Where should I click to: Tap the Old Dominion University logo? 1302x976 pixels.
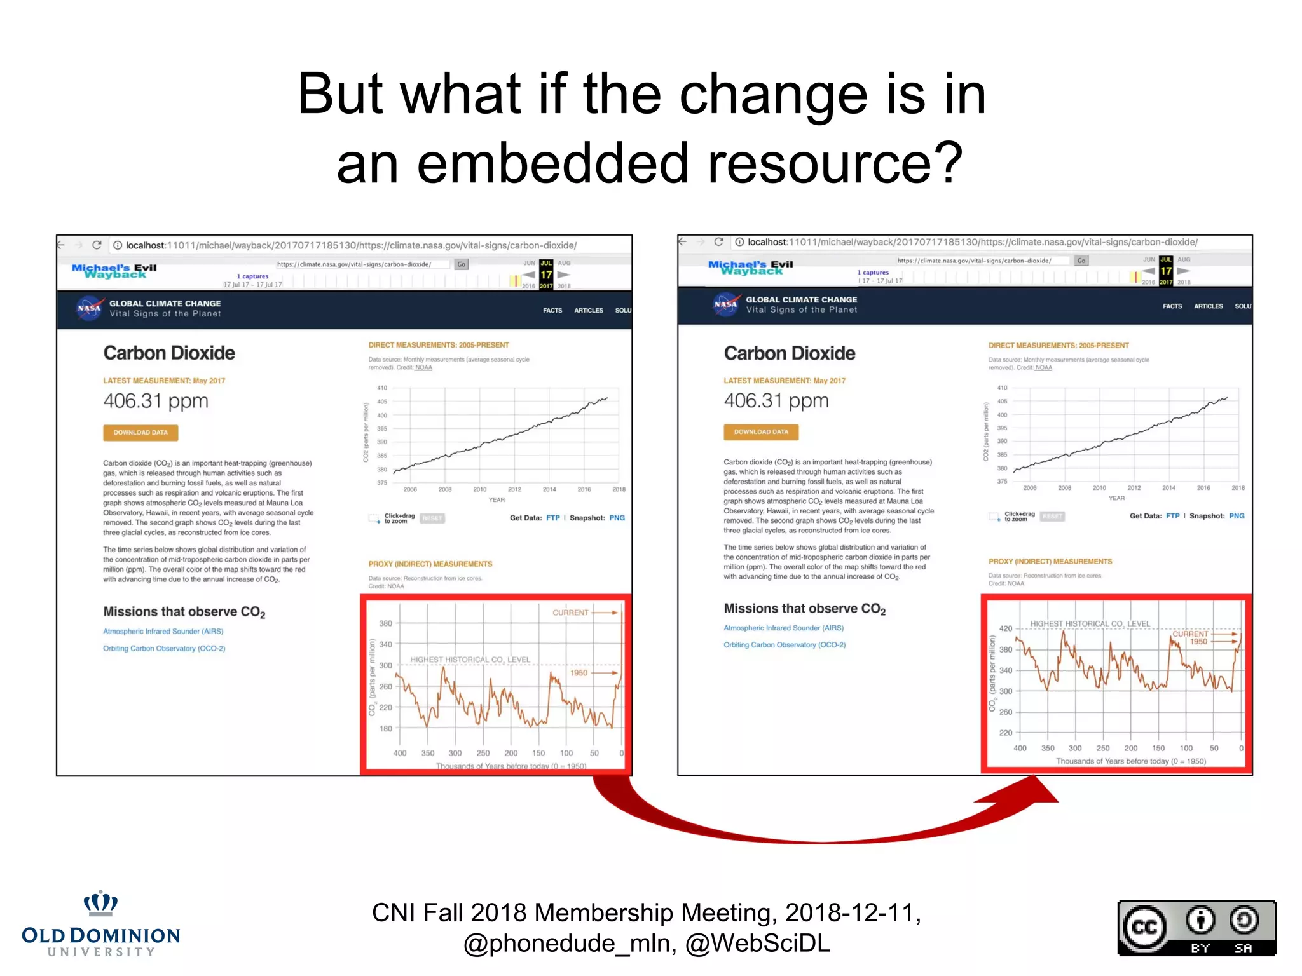[101, 924]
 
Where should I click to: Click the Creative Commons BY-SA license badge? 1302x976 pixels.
[1196, 928]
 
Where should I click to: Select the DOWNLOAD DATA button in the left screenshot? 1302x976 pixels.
[140, 433]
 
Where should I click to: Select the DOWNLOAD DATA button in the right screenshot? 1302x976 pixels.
[760, 432]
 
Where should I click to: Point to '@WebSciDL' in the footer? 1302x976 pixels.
[757, 944]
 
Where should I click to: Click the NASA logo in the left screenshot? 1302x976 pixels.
[89, 308]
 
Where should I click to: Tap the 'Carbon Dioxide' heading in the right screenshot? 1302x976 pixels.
[789, 353]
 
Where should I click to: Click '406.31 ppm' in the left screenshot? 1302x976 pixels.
[156, 401]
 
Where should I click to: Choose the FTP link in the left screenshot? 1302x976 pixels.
[552, 518]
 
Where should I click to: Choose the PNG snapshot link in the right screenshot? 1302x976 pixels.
[1236, 516]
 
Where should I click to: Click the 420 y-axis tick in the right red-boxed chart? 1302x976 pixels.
[1005, 628]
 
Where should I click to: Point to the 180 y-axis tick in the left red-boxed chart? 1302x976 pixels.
[385, 728]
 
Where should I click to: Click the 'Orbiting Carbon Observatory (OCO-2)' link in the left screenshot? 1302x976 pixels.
[164, 649]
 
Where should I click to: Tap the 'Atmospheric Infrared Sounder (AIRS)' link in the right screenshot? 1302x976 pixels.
[783, 628]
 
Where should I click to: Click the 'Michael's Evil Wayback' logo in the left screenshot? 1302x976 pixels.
[114, 271]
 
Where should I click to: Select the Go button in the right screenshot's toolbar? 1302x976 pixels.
[1081, 261]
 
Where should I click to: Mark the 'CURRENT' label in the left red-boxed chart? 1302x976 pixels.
[570, 613]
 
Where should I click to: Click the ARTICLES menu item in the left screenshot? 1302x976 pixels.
[588, 311]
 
